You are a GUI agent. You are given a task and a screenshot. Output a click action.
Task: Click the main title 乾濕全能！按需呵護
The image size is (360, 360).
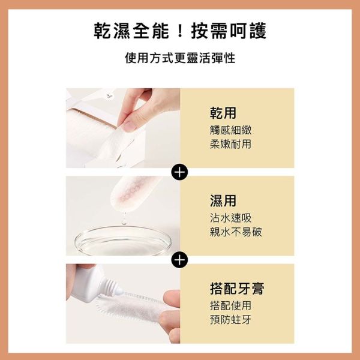180,31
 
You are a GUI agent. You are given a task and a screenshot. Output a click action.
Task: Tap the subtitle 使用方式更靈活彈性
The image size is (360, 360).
180,59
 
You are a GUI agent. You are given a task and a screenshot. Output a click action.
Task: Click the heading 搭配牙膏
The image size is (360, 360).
237,289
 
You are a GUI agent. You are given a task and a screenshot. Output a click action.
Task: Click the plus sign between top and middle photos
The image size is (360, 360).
179,172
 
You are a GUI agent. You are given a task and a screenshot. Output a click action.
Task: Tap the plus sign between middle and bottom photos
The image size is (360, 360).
179,260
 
